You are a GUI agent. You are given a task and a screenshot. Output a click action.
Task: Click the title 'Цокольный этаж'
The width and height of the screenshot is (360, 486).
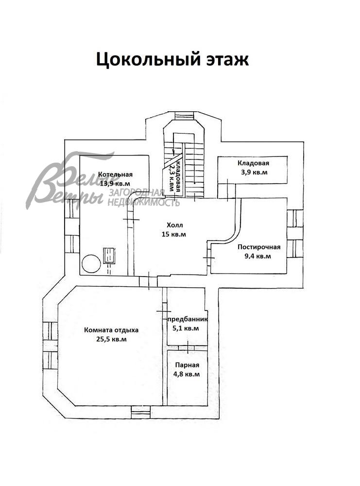tap(172, 59)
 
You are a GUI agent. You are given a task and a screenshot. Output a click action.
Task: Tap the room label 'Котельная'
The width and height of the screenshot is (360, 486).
tap(115, 175)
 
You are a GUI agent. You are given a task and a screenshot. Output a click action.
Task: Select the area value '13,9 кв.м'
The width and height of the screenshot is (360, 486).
tap(115, 184)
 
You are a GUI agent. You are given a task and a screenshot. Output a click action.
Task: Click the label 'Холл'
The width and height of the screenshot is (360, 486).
tap(174, 226)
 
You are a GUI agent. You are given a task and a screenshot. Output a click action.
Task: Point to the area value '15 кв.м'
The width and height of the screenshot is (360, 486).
tap(174, 234)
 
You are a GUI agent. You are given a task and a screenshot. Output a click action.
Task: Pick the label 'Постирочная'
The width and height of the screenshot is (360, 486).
tap(259, 247)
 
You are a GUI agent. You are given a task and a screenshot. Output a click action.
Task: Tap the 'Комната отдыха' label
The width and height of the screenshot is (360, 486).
tap(111, 330)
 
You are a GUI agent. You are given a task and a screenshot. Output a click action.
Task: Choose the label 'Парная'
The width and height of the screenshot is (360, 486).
tap(187, 365)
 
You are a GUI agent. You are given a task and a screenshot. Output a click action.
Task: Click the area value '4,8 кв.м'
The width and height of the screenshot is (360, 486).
tap(187, 374)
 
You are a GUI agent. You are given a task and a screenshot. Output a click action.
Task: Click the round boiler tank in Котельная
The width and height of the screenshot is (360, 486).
tap(91, 264)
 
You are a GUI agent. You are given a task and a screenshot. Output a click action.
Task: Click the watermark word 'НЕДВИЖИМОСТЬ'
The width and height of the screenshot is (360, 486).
tap(144, 202)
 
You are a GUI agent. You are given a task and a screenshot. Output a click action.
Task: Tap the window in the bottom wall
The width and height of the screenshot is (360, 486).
tap(141, 413)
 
